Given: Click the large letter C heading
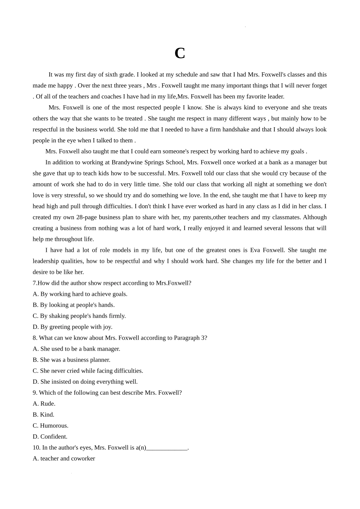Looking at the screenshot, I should click(x=180, y=53).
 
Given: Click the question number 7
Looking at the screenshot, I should click(x=34, y=283).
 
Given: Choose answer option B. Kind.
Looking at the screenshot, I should click(x=44, y=415).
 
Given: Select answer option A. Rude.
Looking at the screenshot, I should click(x=44, y=404).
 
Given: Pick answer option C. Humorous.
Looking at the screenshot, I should click(x=50, y=426).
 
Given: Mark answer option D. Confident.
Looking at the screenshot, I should click(x=50, y=437).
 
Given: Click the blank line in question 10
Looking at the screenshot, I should click(x=167, y=448).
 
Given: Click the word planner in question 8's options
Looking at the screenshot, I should click(x=100, y=360).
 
